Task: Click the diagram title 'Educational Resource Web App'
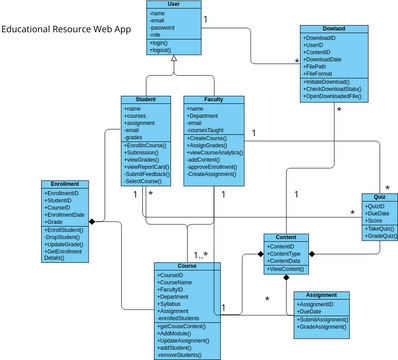[66, 29]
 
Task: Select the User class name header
[172, 5]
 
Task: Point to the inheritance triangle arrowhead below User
[173, 61]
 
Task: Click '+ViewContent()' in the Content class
[287, 269]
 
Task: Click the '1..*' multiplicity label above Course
[201, 255]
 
